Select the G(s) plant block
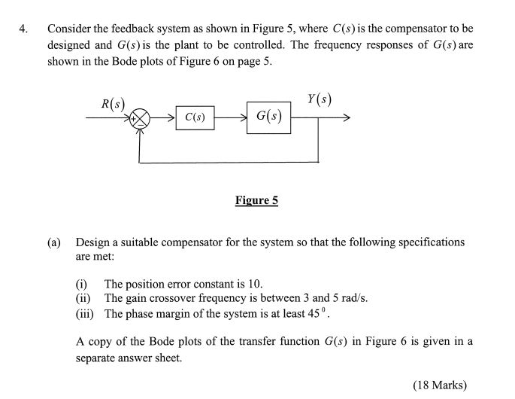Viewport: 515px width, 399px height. (268, 117)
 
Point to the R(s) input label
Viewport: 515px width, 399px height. (112, 102)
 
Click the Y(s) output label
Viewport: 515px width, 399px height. (320, 99)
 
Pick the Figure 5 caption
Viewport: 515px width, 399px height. (256, 200)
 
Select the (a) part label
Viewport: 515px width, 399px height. (53, 242)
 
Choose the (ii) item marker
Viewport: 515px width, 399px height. (83, 298)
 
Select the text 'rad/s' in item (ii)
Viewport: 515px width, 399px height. (353, 298)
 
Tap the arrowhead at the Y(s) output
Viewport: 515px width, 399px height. (346, 117)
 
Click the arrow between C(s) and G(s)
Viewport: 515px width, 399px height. (230, 117)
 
